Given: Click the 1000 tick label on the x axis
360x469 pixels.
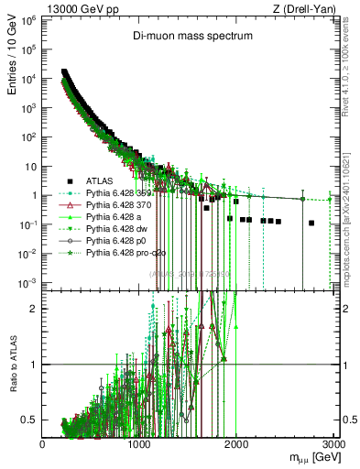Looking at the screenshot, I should (x=139, y=445).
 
